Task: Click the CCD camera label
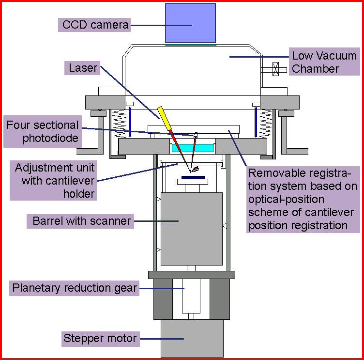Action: tap(96, 25)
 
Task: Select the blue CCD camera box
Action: tap(191, 23)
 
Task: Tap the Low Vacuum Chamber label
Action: tap(324, 62)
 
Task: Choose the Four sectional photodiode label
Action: tap(42, 132)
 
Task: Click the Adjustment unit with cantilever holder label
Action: tap(53, 181)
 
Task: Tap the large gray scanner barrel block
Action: tap(191, 228)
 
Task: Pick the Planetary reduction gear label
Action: tap(75, 289)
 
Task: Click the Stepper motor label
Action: tap(100, 338)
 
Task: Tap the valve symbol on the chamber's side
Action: tap(276, 69)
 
